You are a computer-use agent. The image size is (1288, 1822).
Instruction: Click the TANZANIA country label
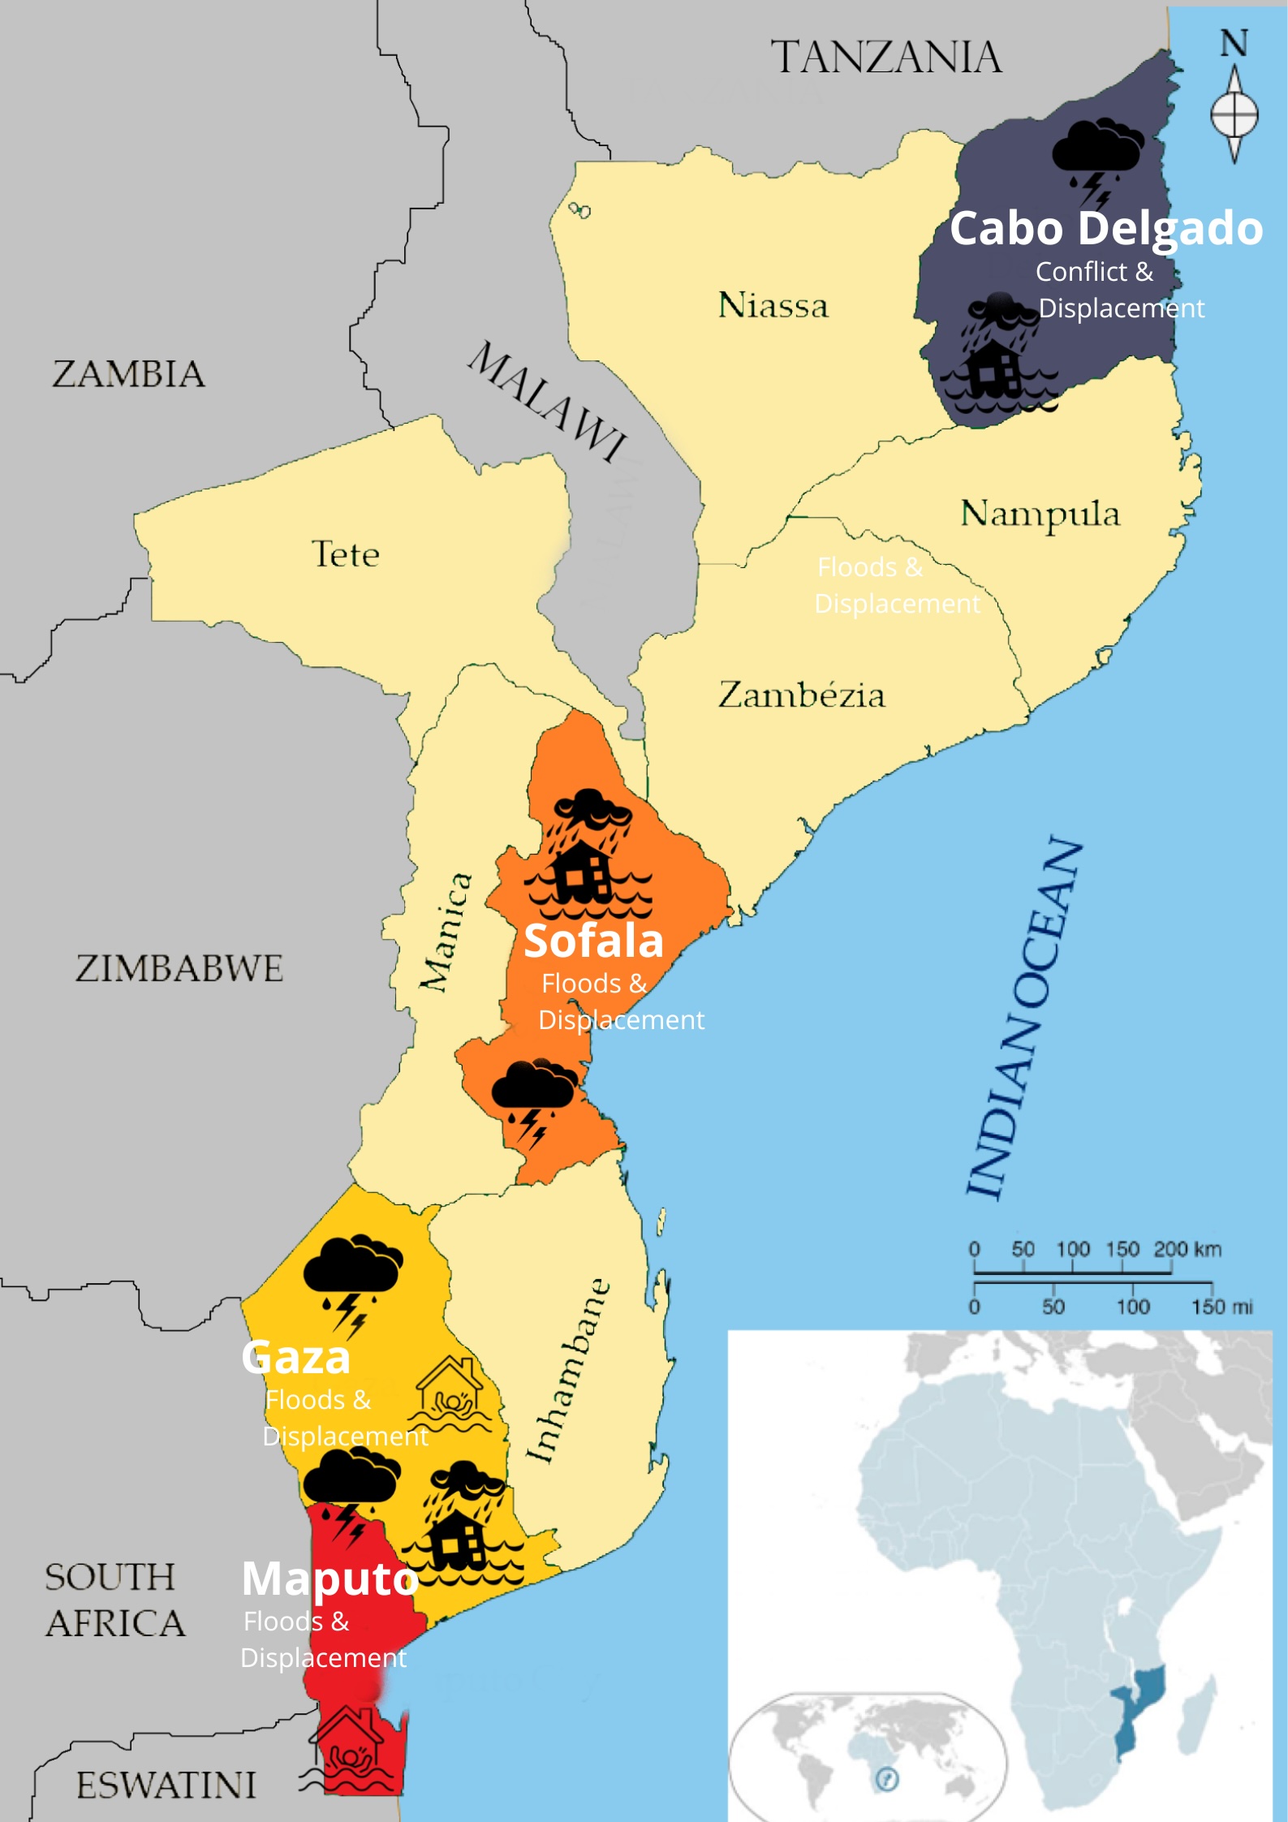click(x=885, y=58)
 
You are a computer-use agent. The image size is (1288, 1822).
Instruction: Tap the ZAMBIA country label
click(x=128, y=374)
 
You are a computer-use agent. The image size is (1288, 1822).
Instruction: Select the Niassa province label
click(x=773, y=306)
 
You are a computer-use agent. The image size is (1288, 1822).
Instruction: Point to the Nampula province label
click(x=1040, y=514)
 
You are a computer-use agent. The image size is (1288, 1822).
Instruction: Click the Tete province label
click(x=346, y=554)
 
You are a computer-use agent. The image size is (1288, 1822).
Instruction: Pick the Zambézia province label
click(x=801, y=696)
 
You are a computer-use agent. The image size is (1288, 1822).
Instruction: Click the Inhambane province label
click(x=566, y=1372)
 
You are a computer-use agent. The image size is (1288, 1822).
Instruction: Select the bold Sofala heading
click(x=593, y=941)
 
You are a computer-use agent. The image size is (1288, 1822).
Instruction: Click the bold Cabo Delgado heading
click(x=1105, y=228)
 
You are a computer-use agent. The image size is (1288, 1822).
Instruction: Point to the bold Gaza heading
click(x=296, y=1357)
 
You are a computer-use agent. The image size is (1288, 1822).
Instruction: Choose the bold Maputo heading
click(x=330, y=1579)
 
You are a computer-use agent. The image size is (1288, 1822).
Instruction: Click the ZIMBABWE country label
click(x=179, y=968)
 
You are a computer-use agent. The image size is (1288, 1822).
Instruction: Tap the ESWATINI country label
click(x=166, y=1785)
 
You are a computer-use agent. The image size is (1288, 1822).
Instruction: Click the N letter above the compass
click(x=1234, y=44)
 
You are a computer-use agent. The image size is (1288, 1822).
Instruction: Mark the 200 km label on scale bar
click(x=1187, y=1249)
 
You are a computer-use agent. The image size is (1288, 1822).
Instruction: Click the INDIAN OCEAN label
click(x=1024, y=1019)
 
